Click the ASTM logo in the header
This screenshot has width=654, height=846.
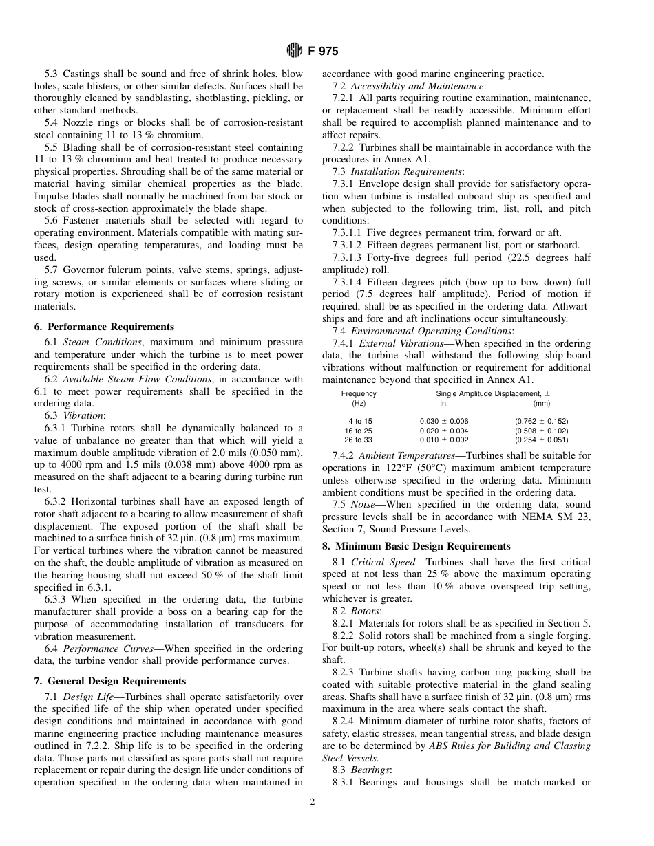(x=293, y=51)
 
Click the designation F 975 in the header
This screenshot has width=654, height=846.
(x=322, y=51)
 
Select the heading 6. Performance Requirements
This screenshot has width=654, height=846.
(x=104, y=327)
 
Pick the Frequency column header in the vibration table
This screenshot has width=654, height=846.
(x=359, y=393)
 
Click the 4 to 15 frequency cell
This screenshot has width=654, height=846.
(x=359, y=421)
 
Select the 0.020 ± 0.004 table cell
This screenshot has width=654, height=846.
(x=443, y=431)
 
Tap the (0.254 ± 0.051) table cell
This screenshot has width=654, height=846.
(x=541, y=440)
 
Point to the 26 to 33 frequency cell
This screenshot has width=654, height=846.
(x=359, y=440)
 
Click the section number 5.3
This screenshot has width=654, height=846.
(x=52, y=73)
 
